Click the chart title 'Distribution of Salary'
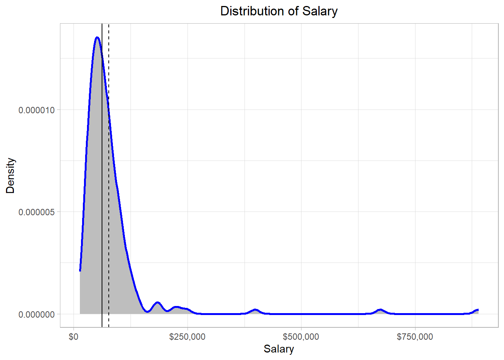coord(279,11)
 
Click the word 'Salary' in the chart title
coord(320,11)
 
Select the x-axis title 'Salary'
coord(279,349)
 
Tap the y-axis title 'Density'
coord(10,175)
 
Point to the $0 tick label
coord(73,337)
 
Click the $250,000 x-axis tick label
coord(187,337)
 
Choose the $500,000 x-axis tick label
coord(301,337)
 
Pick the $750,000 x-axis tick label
coord(415,337)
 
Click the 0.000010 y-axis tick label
coord(36,110)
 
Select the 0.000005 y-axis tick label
coord(36,212)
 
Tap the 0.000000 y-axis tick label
coord(36,314)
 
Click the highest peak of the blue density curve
coord(97,37)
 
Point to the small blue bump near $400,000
coord(255,310)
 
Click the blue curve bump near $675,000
coord(380,310)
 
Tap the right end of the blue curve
coord(478,310)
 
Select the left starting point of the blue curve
coord(80,270)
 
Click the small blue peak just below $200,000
coord(157,302)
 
